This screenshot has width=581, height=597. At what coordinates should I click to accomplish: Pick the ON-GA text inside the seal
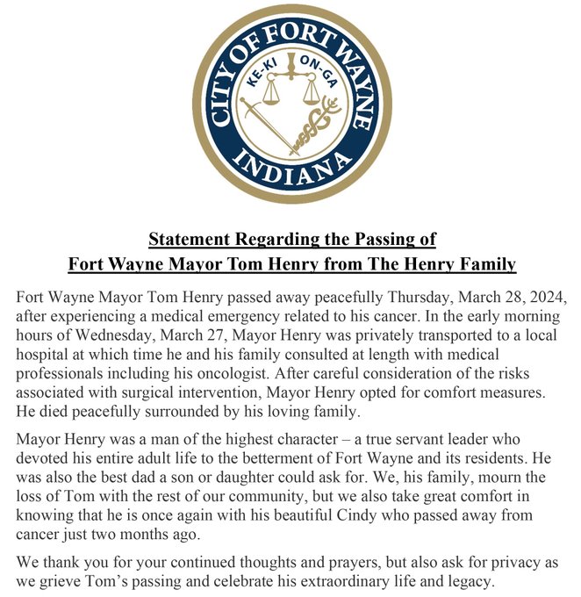[317, 71]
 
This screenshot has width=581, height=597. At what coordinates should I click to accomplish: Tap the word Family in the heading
[484, 263]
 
